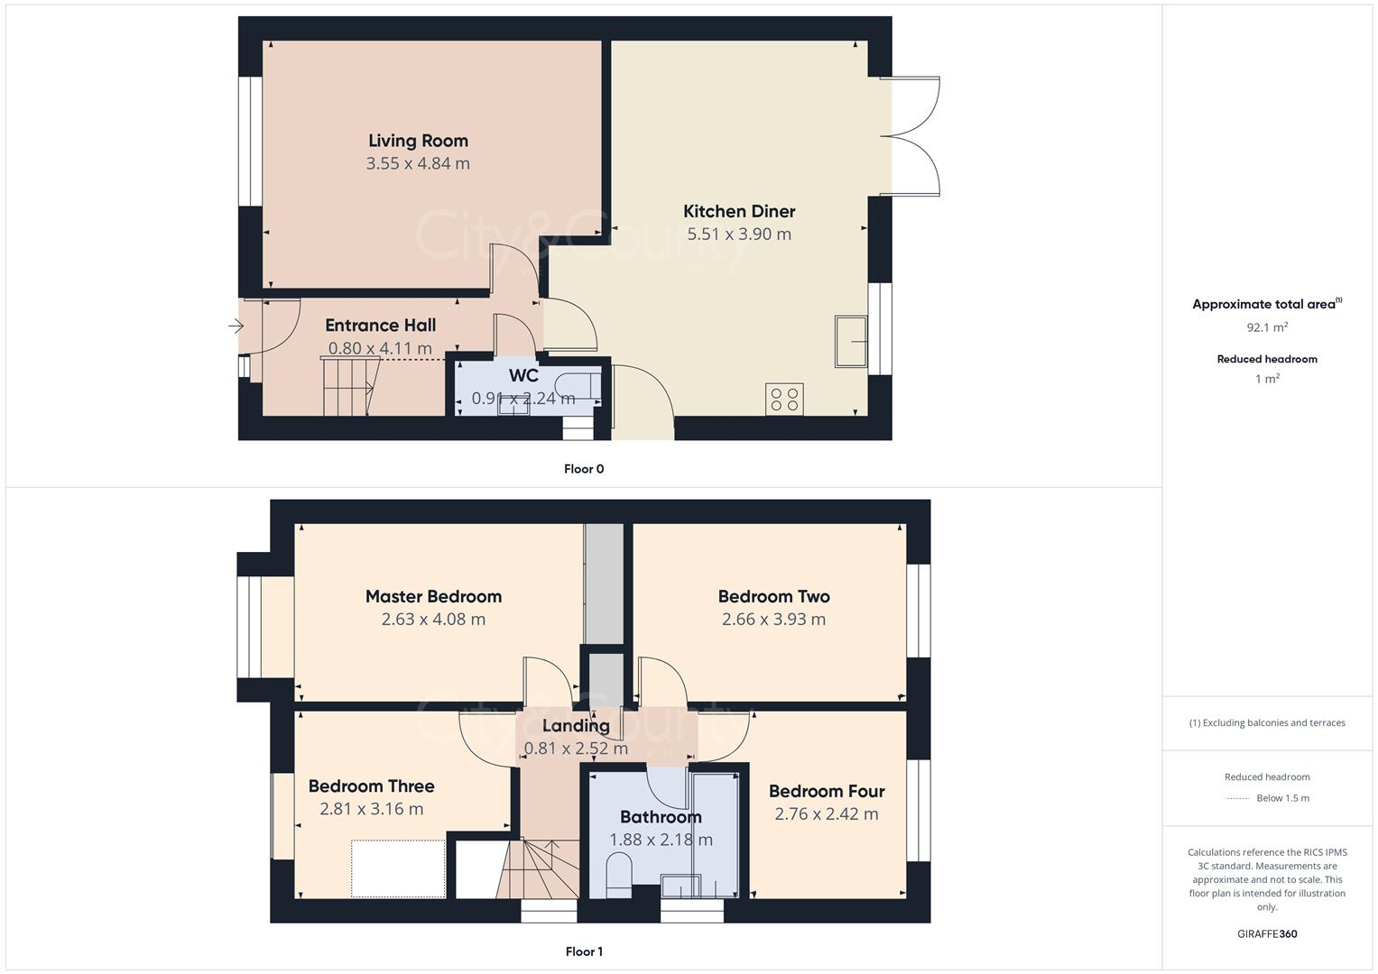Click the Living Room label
[x=418, y=141]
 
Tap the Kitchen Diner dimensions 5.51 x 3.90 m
[x=739, y=234]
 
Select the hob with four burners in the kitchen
[x=784, y=400]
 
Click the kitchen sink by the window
[x=851, y=342]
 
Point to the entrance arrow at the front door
[x=236, y=326]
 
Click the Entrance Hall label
[x=380, y=326]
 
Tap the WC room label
[x=523, y=375]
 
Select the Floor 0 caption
[x=584, y=469]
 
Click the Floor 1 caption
[x=584, y=951]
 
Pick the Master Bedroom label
[x=433, y=596]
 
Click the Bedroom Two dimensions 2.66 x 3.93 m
[x=773, y=620]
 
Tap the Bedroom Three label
[x=371, y=786]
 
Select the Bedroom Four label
[x=826, y=791]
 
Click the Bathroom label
[x=661, y=817]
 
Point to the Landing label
[x=576, y=725]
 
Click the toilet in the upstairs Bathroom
[x=619, y=877]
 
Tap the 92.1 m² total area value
[x=1267, y=327]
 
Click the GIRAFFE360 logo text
[x=1267, y=934]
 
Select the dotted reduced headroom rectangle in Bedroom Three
[x=398, y=868]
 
